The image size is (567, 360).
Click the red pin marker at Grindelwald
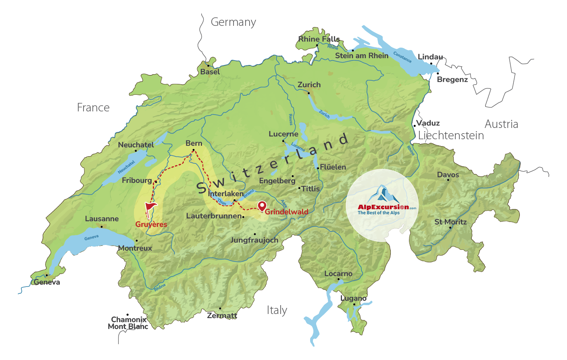tap(262, 206)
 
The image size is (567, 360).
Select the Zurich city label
tap(309, 85)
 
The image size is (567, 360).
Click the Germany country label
tap(233, 22)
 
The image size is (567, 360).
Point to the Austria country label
tap(501, 124)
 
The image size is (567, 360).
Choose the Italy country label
tap(277, 310)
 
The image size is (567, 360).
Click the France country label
tap(93, 108)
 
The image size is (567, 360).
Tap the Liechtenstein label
tap(451, 136)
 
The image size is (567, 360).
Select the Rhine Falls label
tap(319, 39)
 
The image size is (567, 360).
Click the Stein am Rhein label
tap(362, 56)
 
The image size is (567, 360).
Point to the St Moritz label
tap(450, 222)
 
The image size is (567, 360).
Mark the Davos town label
tap(448, 175)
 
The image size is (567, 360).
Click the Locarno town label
tap(338, 274)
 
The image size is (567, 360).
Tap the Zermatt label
tap(222, 316)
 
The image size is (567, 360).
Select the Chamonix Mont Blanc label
tap(128, 323)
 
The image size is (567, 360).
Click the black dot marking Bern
tap(194, 150)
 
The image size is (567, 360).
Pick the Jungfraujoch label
tap(254, 240)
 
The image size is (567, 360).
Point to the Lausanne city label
tap(102, 219)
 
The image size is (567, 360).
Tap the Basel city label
tap(210, 72)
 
